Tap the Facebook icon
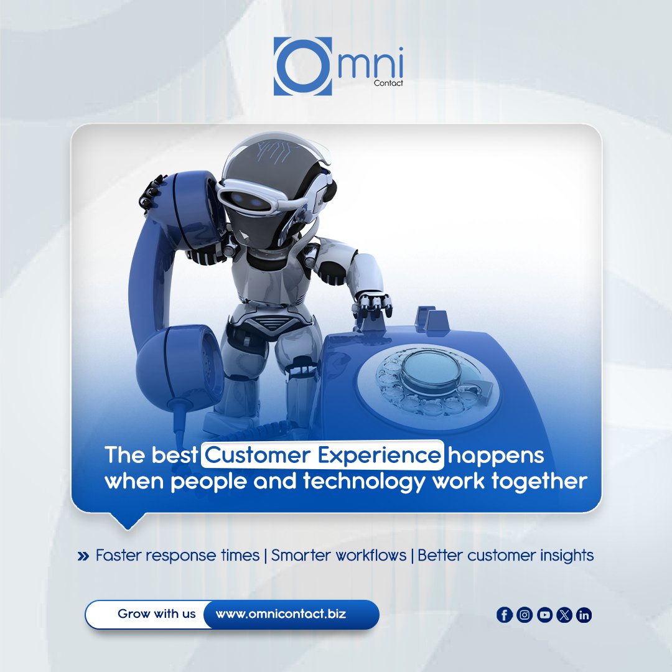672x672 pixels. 504,615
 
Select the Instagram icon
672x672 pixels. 525,615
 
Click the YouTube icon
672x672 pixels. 545,615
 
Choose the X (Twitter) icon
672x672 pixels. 565,615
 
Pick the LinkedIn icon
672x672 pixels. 584,615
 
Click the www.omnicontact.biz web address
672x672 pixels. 281,614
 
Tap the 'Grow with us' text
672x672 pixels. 156,614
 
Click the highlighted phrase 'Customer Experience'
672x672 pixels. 322,455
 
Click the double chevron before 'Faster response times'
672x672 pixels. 83,556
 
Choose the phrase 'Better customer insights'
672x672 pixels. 505,555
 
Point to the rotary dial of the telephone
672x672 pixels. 429,380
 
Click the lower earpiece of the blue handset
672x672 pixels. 177,366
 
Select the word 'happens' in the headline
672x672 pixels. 496,455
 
